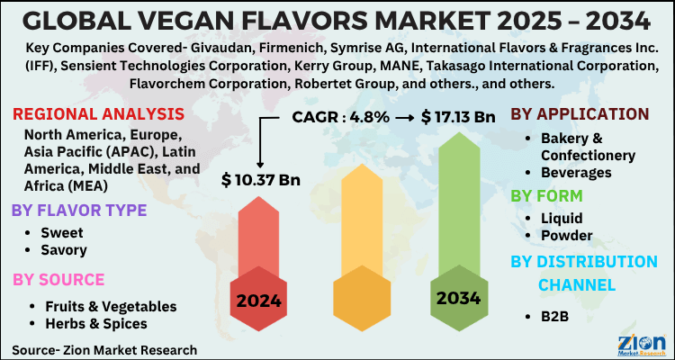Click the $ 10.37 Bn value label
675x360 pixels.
click(260, 180)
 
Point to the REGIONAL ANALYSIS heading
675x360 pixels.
click(98, 113)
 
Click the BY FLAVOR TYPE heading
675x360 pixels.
click(79, 211)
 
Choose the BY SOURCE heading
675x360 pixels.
click(58, 279)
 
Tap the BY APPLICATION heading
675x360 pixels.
click(580, 114)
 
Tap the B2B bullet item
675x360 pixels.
click(554, 316)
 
